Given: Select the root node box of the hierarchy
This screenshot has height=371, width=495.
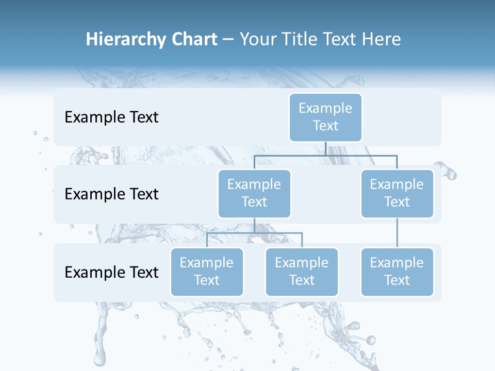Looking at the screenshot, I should [325, 117].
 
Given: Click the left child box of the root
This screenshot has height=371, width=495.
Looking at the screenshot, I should [254, 193].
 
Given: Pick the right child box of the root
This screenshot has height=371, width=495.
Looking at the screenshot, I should [397, 193].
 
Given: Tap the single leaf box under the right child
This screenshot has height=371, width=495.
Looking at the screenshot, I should [397, 272].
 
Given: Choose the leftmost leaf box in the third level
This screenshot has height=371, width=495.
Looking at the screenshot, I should [207, 272].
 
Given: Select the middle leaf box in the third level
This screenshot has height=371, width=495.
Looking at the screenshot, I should [302, 272].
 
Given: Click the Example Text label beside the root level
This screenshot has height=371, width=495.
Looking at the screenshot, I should [111, 117].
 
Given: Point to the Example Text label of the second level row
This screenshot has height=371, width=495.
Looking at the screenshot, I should [111, 194].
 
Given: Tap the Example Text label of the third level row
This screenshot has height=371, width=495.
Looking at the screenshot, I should [111, 272].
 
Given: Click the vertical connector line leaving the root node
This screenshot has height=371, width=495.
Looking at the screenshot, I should [325, 148].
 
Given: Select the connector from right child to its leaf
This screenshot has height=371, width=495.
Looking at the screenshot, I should [397, 233].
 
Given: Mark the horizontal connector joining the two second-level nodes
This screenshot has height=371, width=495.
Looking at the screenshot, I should [325, 155].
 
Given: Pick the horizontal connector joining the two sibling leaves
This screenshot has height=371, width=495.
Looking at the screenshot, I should [254, 233].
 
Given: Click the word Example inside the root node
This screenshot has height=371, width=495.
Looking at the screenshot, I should [325, 108].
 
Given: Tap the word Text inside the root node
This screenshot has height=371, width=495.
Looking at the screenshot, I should [325, 126].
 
